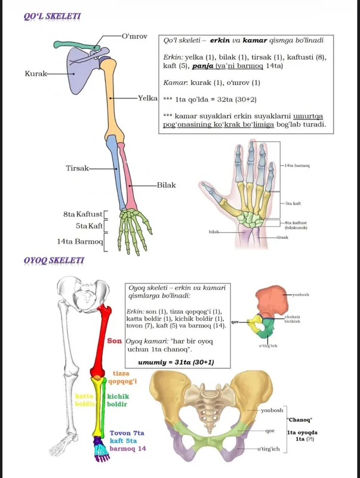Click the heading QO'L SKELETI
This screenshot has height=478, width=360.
[52, 16]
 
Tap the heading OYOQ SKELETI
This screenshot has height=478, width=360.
[54, 261]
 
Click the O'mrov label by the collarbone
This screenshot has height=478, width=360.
[134, 36]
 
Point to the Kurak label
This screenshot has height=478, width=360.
[36, 73]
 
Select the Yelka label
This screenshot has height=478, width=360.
[147, 98]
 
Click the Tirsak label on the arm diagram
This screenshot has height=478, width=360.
[78, 168]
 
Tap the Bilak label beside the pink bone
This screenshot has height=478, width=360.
[167, 185]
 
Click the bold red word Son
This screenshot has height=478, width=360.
[114, 341]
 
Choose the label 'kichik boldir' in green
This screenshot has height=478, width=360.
[118, 400]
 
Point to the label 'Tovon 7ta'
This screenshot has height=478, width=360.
[127, 433]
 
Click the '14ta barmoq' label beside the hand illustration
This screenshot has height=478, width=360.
[297, 166]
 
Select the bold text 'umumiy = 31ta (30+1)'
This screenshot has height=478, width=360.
[176, 362]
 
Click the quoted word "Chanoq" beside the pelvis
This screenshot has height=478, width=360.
[300, 420]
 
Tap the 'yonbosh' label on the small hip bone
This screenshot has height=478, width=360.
[301, 295]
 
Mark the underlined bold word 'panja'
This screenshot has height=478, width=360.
[202, 66]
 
